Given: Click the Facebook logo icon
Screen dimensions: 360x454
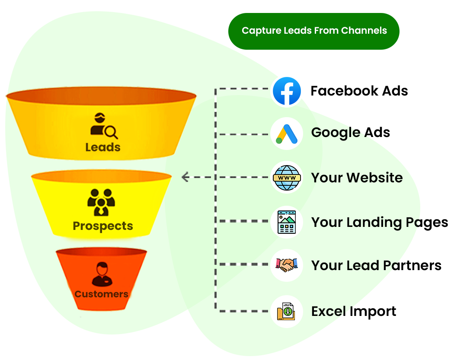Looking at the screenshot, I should (x=287, y=91).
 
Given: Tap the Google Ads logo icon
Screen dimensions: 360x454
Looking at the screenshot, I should (x=286, y=134).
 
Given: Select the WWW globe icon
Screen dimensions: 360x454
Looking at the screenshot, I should (x=286, y=177).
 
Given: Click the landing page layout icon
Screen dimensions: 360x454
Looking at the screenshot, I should (x=286, y=222).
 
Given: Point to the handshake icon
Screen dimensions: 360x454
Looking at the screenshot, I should (x=286, y=265).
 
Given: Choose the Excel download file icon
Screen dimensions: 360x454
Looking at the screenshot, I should (x=286, y=311).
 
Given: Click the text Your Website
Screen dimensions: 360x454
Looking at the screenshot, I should (x=357, y=178).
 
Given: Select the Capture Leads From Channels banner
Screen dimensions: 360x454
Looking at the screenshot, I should (x=314, y=31).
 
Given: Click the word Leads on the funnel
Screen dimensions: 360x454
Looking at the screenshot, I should (x=103, y=147).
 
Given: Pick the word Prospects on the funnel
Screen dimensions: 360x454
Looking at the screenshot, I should (x=103, y=226).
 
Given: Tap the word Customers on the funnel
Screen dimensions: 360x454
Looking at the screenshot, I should (x=102, y=294).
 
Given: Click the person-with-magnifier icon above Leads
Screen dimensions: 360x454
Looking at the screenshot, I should (x=103, y=126).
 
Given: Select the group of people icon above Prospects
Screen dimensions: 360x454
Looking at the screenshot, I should (x=101, y=202).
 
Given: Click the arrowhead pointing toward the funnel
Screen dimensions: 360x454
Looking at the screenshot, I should (x=185, y=177).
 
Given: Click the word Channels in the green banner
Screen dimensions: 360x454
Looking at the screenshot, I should (x=364, y=31).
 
